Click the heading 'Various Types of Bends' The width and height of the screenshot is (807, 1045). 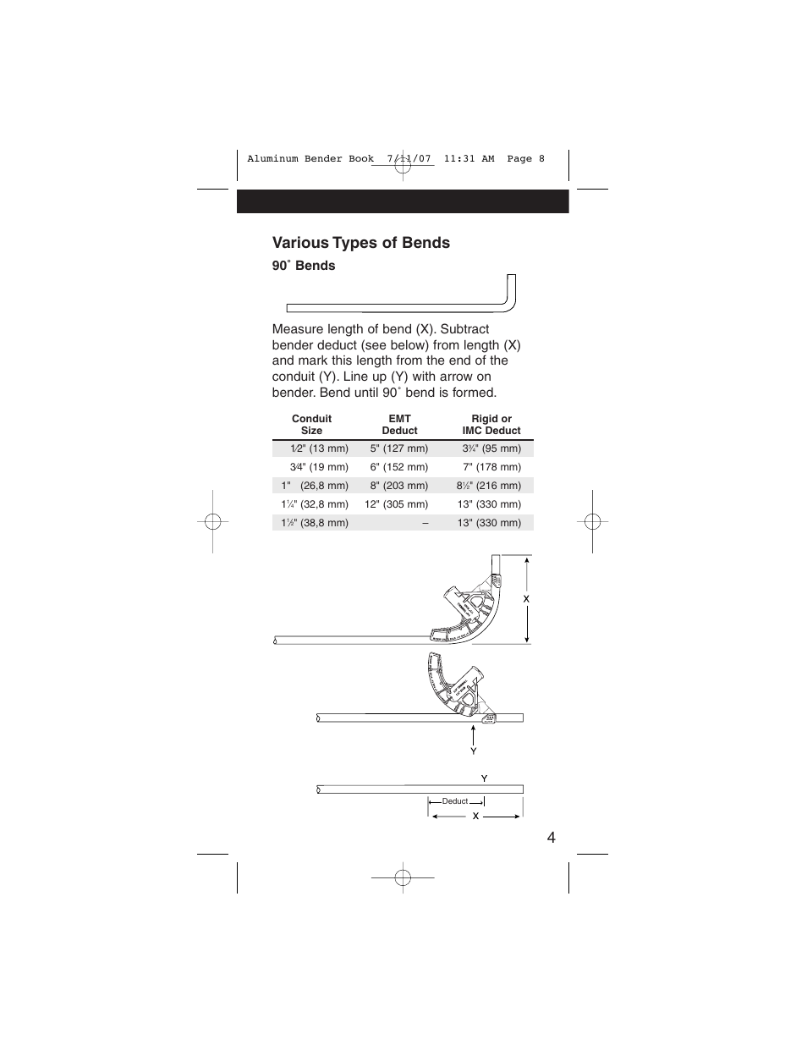click(x=361, y=243)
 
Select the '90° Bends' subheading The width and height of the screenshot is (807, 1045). click(x=304, y=266)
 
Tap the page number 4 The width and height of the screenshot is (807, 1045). click(x=551, y=838)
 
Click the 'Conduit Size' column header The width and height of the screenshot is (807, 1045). click(x=311, y=425)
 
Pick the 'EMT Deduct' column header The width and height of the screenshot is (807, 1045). click(x=399, y=425)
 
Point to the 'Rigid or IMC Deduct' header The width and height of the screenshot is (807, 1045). click(x=491, y=425)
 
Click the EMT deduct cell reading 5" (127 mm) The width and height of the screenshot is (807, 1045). click(x=398, y=448)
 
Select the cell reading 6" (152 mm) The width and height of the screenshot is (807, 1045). click(x=398, y=467)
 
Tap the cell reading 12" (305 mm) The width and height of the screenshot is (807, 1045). click(x=396, y=504)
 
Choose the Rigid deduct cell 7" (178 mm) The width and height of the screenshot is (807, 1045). click(x=491, y=467)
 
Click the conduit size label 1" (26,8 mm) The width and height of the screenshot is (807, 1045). click(x=315, y=486)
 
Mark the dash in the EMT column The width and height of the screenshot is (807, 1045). click(x=425, y=523)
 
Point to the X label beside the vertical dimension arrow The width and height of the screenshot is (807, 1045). click(x=525, y=598)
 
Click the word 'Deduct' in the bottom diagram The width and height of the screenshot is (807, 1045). click(x=455, y=801)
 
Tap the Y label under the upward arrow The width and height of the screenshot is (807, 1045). click(x=474, y=751)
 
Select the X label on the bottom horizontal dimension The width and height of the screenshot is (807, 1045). click(x=475, y=817)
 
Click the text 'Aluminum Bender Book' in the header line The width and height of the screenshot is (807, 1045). click(x=310, y=159)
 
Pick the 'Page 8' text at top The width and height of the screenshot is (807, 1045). click(x=525, y=159)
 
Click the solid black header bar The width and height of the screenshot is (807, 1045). click(x=403, y=201)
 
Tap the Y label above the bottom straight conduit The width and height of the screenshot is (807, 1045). click(x=484, y=778)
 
